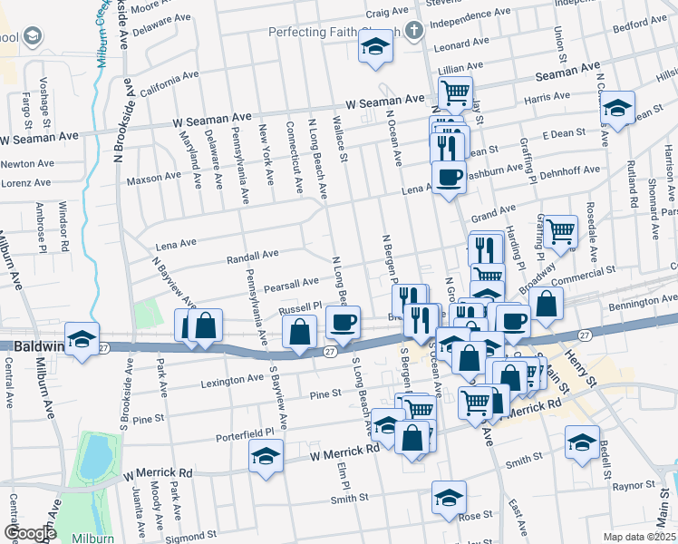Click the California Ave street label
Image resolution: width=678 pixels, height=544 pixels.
[164, 86]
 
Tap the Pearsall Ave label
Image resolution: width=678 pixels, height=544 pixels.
[291, 286]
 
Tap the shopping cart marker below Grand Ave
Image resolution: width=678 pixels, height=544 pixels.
[560, 231]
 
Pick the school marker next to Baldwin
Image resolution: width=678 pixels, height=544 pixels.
[82, 339]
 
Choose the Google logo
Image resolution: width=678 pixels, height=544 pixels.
[30, 533]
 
